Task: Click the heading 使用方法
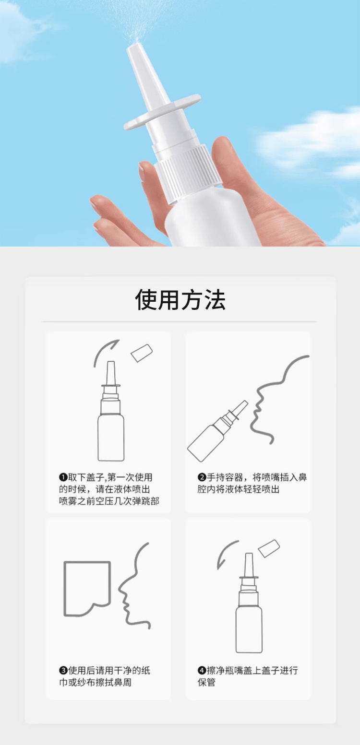click(x=180, y=300)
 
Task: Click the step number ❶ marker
click(x=62, y=477)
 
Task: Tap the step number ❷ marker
click(x=202, y=477)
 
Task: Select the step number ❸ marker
click(x=62, y=671)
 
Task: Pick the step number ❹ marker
click(x=202, y=671)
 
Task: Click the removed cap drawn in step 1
click(x=142, y=353)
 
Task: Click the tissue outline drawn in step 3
click(x=86, y=588)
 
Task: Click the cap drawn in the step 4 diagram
click(x=268, y=548)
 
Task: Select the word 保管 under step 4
click(x=207, y=682)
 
